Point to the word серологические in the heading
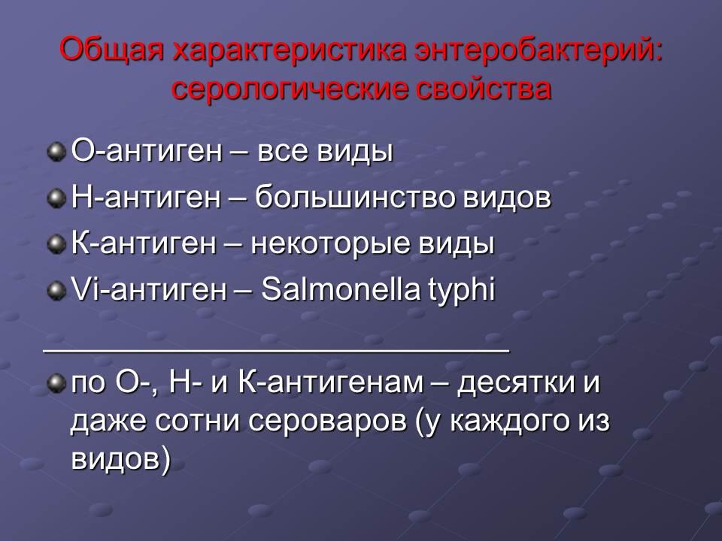[x=290, y=89]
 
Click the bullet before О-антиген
[x=56, y=151]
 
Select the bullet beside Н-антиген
[x=56, y=198]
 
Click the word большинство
[x=354, y=197]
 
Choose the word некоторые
[x=330, y=243]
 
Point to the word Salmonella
[x=341, y=289]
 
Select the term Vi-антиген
[x=149, y=289]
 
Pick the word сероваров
[x=327, y=422]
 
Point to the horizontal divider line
[x=276, y=352]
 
